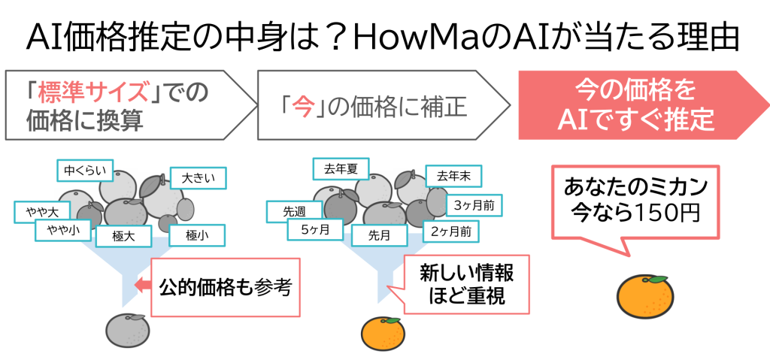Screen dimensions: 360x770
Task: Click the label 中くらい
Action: click(x=84, y=170)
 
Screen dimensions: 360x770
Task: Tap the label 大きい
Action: click(x=199, y=178)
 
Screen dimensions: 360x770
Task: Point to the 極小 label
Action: click(x=194, y=236)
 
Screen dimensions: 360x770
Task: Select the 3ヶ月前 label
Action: click(x=474, y=204)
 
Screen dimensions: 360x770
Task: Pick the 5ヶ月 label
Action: click(x=315, y=231)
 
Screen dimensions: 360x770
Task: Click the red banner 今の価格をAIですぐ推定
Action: click(x=636, y=105)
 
